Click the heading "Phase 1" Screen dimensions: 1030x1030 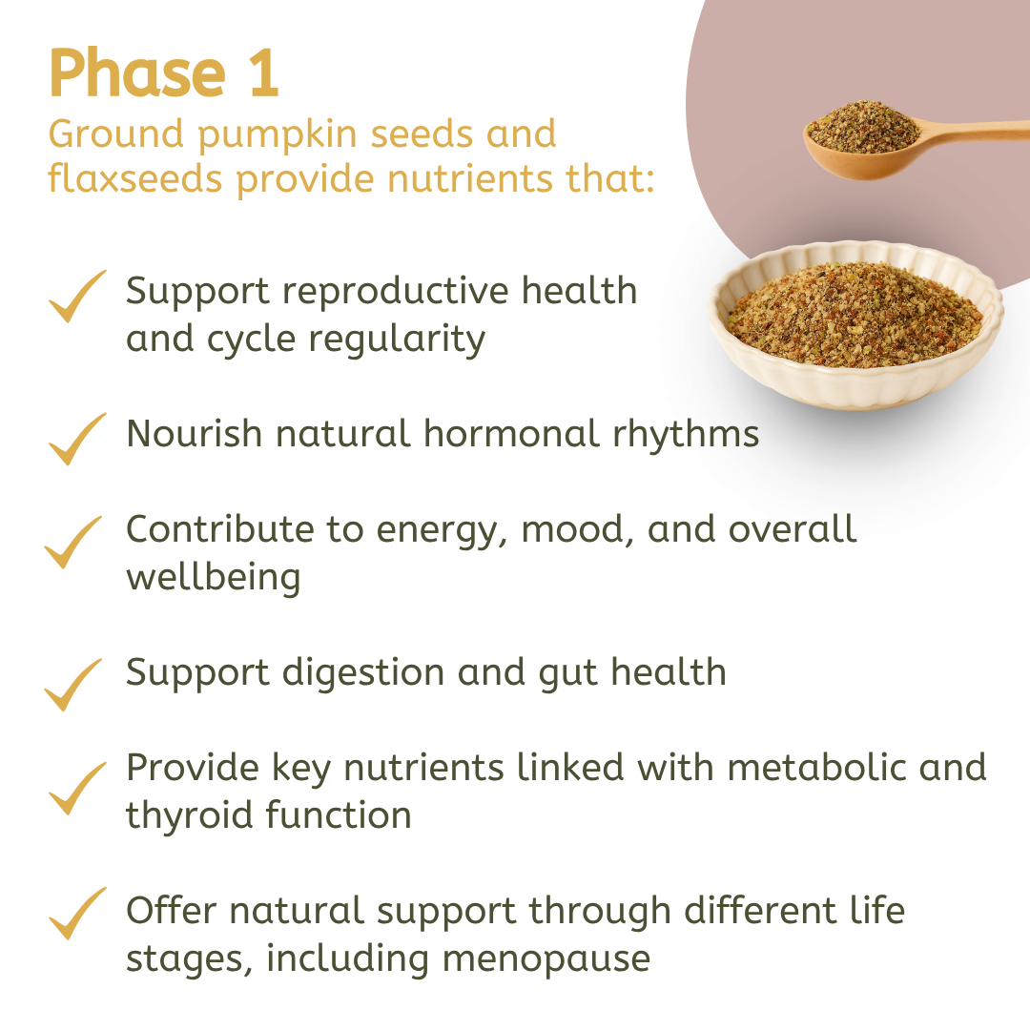click(163, 73)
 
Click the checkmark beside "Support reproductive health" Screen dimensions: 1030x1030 click(76, 297)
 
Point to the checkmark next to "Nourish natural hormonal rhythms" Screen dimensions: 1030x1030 click(76, 439)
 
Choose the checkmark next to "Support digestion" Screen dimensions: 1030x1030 click(74, 684)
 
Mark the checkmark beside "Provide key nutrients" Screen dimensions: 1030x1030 click(76, 788)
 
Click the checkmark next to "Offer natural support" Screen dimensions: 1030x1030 click(76, 913)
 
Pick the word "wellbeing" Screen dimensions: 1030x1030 click(213, 578)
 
